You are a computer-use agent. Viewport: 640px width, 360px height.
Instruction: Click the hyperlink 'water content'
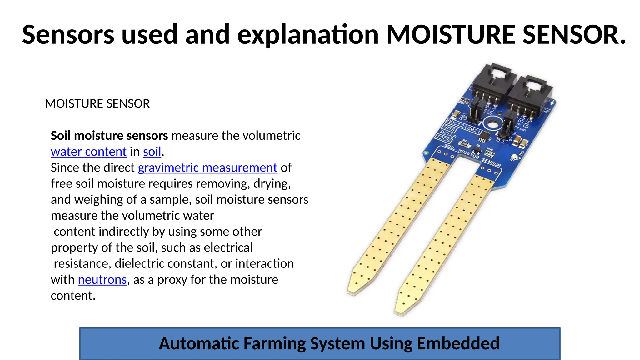(88, 152)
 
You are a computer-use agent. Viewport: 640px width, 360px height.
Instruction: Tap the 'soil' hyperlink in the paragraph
(152, 152)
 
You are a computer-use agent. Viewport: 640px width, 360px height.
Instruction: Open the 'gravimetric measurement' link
(207, 168)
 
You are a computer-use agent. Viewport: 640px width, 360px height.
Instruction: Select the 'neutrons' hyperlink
(102, 280)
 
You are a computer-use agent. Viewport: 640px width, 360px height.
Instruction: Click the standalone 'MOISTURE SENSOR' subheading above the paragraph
(97, 104)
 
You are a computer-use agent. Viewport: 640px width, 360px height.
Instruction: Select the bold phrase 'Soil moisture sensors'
(109, 136)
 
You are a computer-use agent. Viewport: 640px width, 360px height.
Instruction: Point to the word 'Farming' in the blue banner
(273, 343)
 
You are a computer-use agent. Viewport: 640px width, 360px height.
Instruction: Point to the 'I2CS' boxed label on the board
(443, 138)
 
